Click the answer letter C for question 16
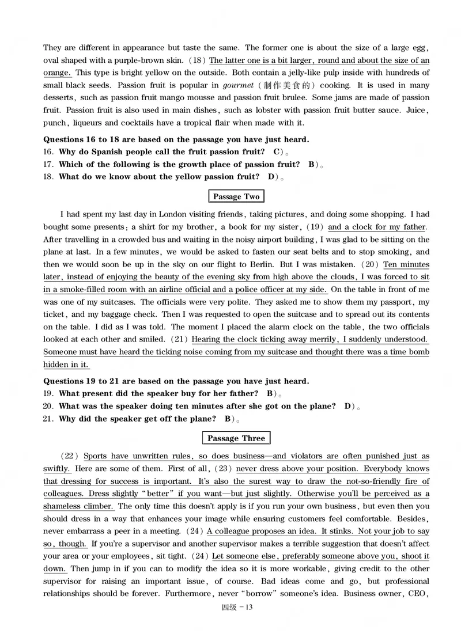click(277, 152)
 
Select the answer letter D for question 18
click(271, 177)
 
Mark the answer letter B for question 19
click(270, 393)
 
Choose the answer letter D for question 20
click(347, 406)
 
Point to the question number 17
click(48, 165)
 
